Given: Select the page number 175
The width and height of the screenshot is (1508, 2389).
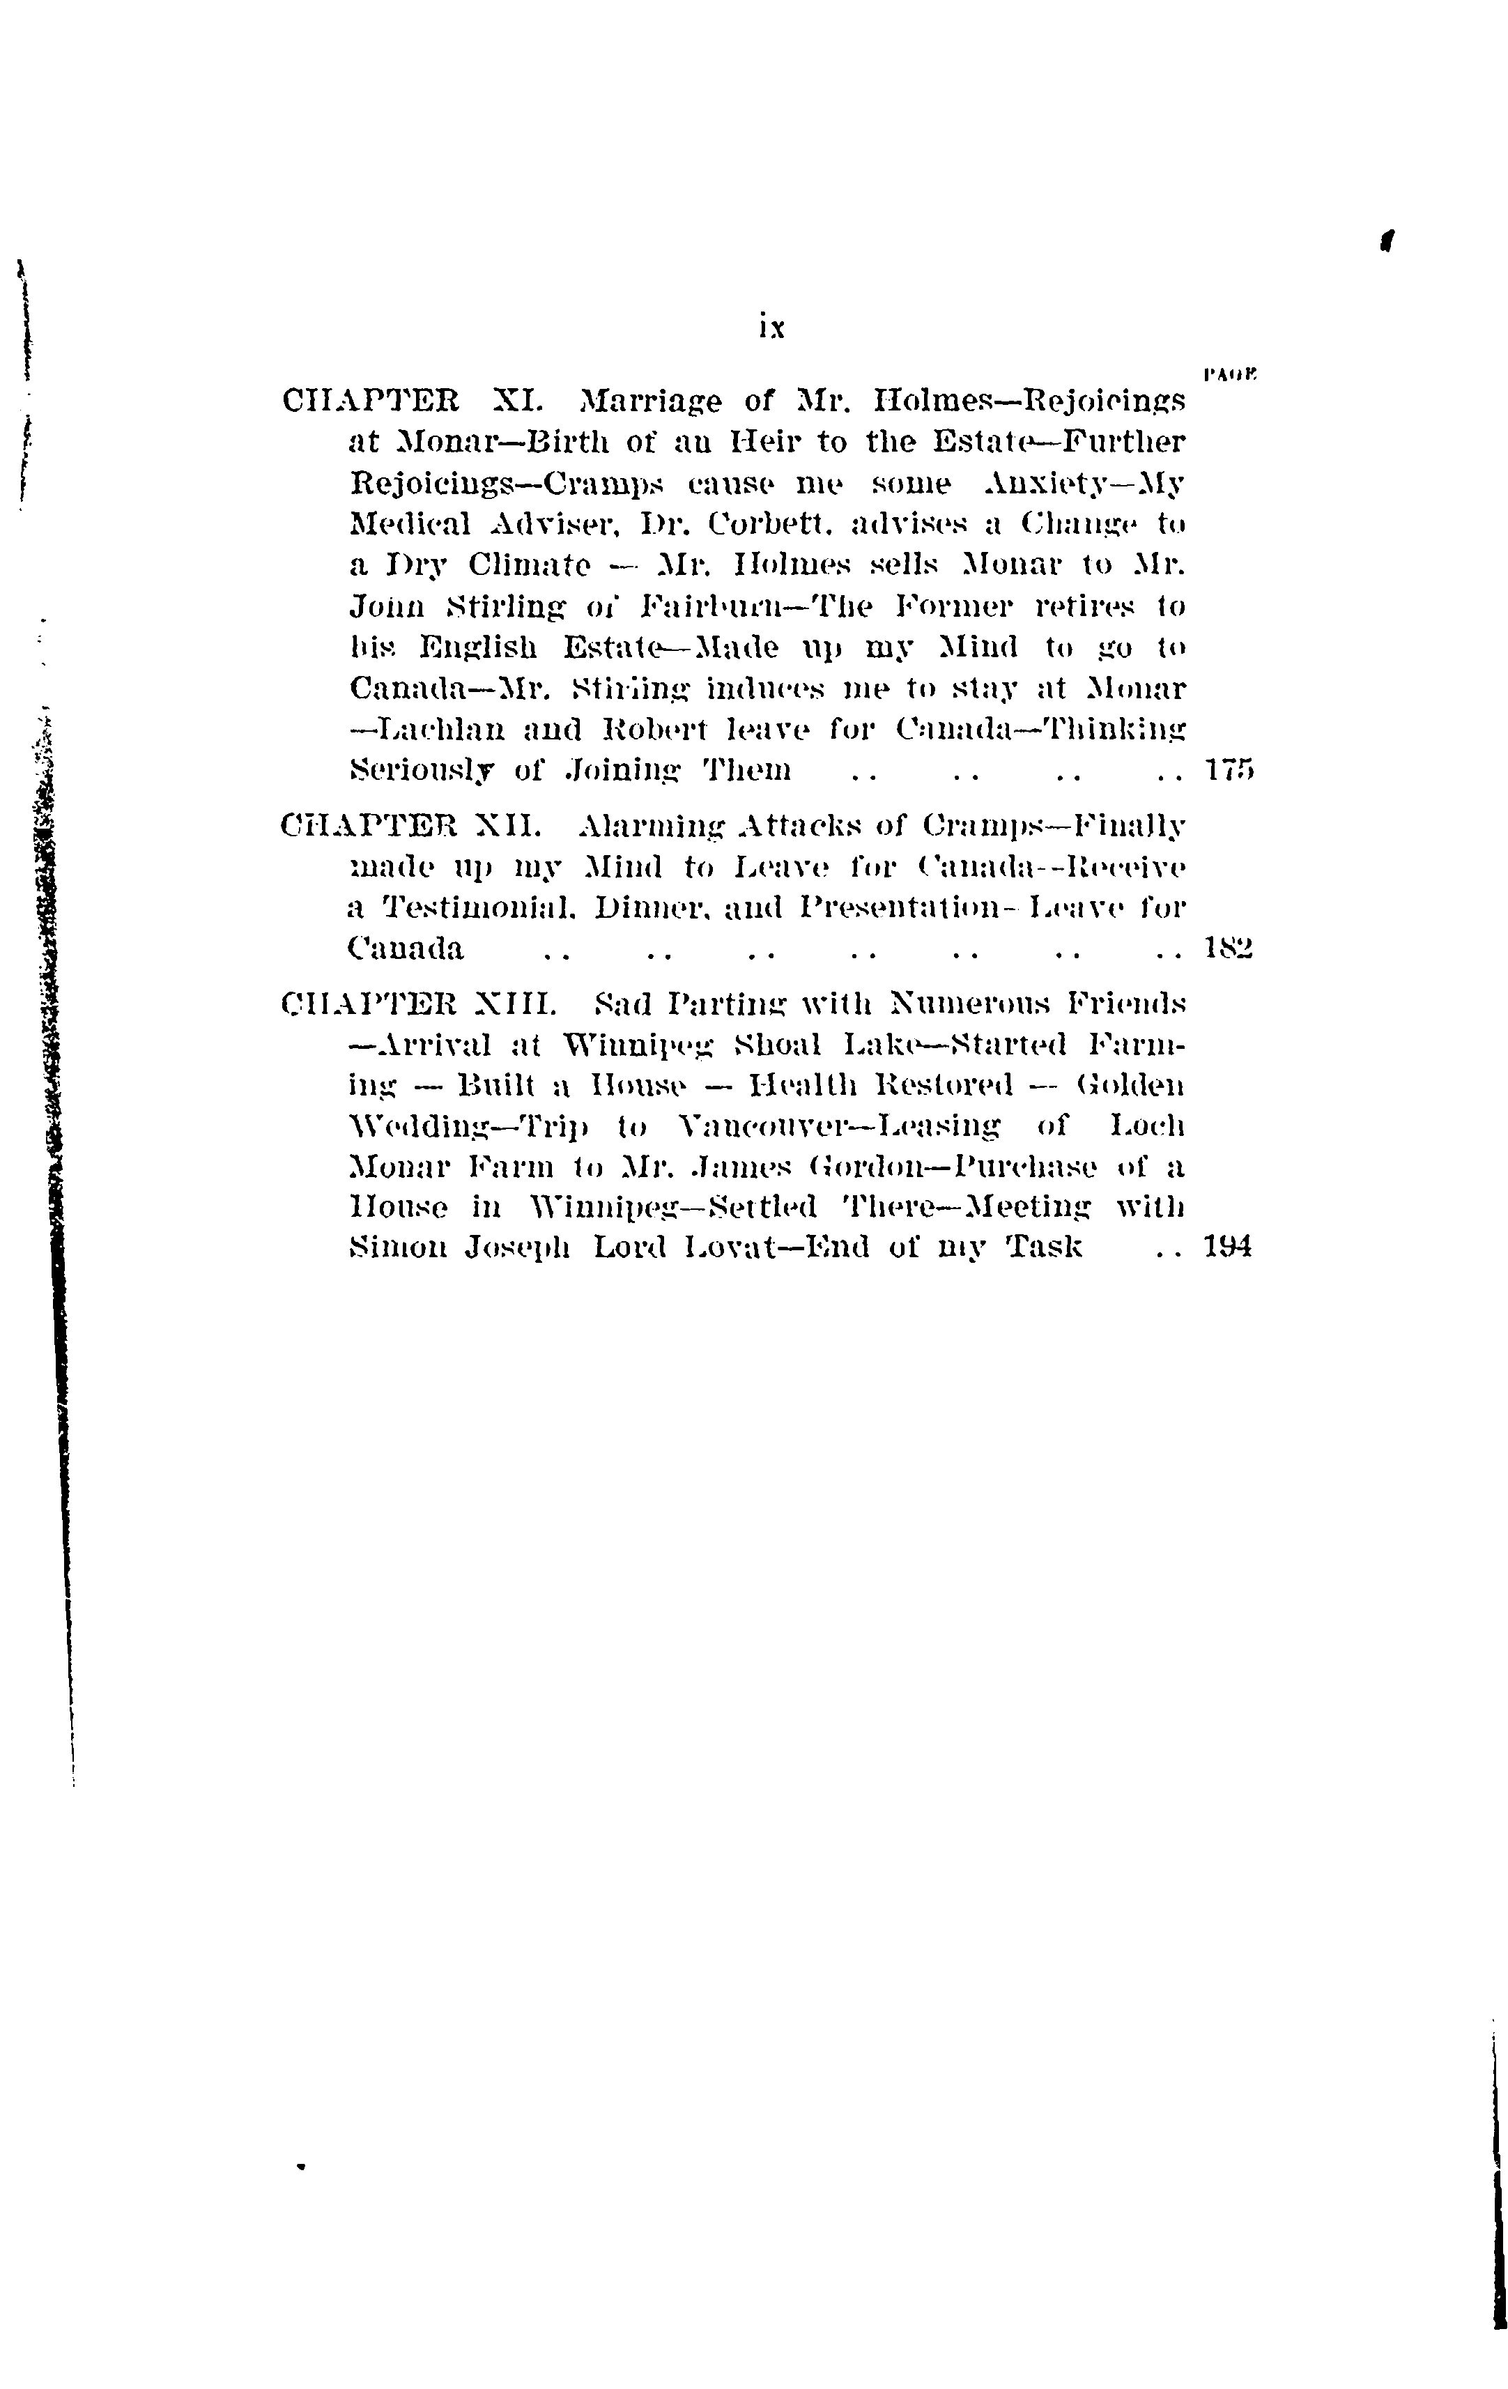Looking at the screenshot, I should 1229,770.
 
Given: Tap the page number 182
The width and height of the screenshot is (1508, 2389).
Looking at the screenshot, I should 1229,949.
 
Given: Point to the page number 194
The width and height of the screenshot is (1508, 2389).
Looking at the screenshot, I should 1229,1246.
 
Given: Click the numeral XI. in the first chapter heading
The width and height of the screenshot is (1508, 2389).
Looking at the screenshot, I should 517,402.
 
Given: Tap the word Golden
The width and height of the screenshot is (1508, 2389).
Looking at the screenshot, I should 1130,1085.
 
